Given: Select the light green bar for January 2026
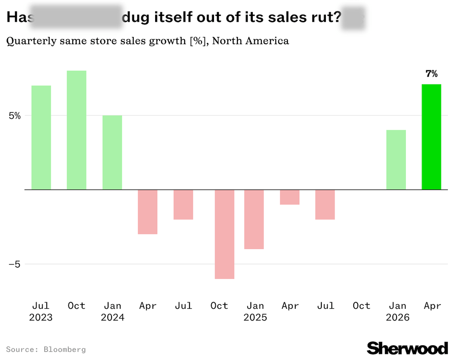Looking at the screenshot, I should pos(396,159).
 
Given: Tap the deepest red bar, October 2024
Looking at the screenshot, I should pos(224,234).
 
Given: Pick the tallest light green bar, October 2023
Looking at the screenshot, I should pos(76,130).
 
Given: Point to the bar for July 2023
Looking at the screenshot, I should pos(41,137).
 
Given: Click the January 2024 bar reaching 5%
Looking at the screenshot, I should pos(112,152).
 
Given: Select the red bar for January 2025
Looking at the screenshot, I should pos(254,219).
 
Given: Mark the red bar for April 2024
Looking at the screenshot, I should pos(147,211).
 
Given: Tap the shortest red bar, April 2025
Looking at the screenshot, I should pos(289,197).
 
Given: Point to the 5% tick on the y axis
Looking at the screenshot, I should pos(14,115).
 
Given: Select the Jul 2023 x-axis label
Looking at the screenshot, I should pos(41,311).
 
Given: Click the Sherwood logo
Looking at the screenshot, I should pos(407,348).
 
